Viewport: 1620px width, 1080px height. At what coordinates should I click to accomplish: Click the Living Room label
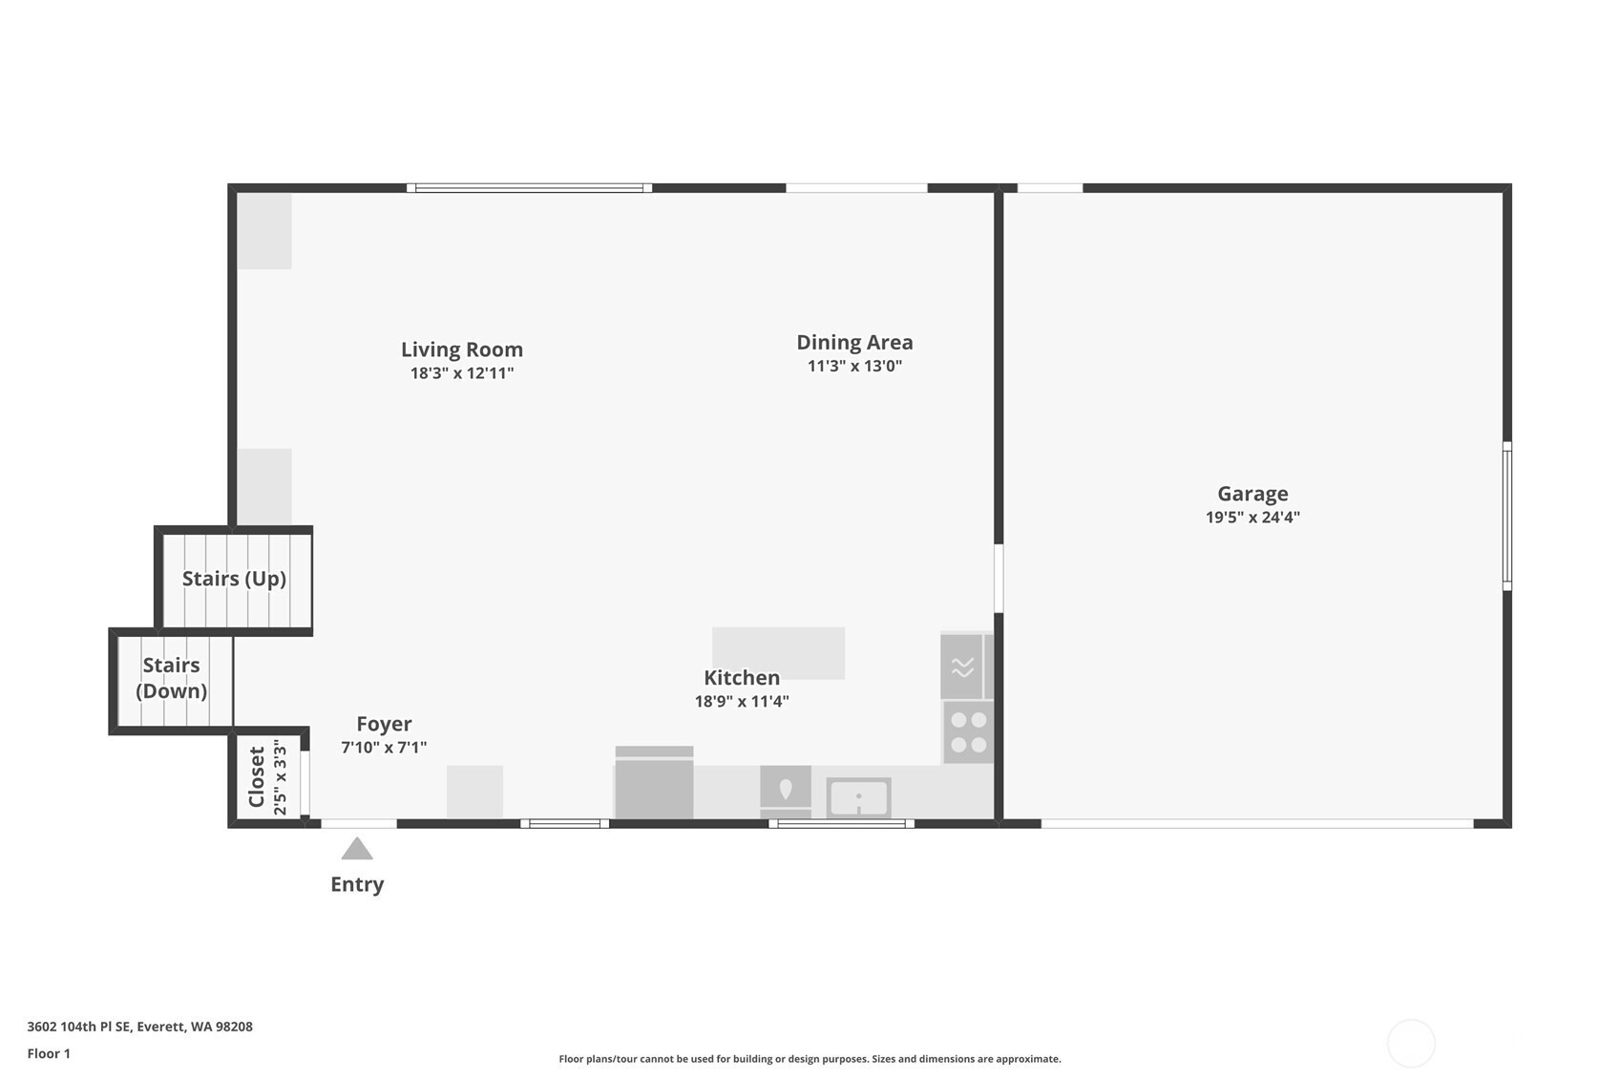point(462,349)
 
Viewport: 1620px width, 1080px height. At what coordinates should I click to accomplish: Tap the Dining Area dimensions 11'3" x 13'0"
point(854,366)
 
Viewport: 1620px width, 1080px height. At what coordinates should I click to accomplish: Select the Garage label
point(1252,494)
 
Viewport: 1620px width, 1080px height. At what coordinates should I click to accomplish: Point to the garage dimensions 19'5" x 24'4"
point(1252,518)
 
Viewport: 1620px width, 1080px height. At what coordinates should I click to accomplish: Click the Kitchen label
point(742,678)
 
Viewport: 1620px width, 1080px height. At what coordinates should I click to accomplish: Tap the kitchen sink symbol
point(858,798)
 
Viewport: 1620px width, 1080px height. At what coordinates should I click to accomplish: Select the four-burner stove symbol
point(968,732)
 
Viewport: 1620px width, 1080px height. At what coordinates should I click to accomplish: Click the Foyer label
point(384,724)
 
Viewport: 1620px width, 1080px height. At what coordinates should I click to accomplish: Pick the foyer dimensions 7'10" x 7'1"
point(384,748)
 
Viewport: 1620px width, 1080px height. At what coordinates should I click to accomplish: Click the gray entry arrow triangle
point(357,850)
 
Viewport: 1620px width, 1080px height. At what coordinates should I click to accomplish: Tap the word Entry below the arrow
point(357,884)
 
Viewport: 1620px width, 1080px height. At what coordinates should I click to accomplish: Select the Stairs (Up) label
point(234,580)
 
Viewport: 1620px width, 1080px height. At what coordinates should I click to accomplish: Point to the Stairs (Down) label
point(172,678)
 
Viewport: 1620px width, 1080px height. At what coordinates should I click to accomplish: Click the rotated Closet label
point(257,777)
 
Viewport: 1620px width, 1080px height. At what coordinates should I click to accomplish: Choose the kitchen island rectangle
point(778,653)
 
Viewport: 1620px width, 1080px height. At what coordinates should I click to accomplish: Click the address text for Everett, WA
point(140,1027)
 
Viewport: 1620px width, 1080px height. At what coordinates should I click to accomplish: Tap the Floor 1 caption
point(50,1054)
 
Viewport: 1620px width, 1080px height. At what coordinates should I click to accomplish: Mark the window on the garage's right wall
point(1507,516)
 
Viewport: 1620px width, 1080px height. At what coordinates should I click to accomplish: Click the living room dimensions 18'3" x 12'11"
point(462,373)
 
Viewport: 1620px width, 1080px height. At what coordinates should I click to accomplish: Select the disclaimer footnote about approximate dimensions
point(810,1059)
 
